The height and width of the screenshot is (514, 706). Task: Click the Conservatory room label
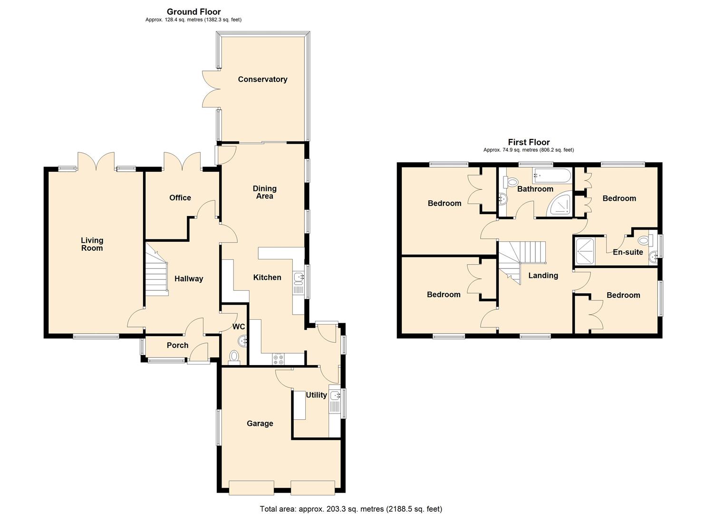tap(262, 79)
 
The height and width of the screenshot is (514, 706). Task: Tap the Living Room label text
tap(92, 244)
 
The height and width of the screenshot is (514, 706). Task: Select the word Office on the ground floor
tap(180, 198)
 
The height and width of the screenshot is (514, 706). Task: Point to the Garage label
tap(260, 423)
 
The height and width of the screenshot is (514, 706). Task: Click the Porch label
tap(177, 345)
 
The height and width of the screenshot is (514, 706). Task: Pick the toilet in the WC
tap(234, 356)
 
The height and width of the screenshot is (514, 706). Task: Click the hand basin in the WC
tap(243, 340)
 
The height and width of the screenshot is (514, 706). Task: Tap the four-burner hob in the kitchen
tap(278, 359)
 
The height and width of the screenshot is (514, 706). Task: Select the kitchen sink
tap(299, 278)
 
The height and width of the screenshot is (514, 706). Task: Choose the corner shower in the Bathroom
tap(561, 205)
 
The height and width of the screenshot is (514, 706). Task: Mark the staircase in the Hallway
tap(156, 270)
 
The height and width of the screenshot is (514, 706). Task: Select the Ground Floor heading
tap(193, 11)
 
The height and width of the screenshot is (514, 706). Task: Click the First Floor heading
tap(529, 142)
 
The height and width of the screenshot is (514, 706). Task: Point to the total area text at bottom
tap(351, 509)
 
